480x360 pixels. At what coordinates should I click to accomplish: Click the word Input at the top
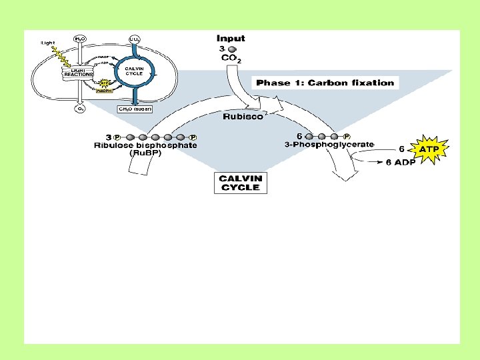pyautogui.click(x=231, y=39)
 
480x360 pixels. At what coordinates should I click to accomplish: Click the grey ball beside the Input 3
pyautogui.click(x=231, y=49)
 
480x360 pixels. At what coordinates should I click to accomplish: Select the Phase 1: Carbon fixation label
pyautogui.click(x=325, y=83)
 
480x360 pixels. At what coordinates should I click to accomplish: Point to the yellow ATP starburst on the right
pyautogui.click(x=428, y=150)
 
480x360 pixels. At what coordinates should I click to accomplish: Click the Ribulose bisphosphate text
pyautogui.click(x=145, y=145)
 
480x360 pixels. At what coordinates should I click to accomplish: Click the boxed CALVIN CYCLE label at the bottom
pyautogui.click(x=241, y=183)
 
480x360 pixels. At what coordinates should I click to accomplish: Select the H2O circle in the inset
pyautogui.click(x=79, y=39)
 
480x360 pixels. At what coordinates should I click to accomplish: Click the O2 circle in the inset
pyautogui.click(x=79, y=109)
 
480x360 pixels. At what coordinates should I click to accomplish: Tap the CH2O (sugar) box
pyautogui.click(x=135, y=109)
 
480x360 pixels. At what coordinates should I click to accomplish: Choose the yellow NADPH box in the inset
pyautogui.click(x=103, y=91)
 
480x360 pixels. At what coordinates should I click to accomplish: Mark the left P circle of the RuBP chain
pyautogui.click(x=117, y=137)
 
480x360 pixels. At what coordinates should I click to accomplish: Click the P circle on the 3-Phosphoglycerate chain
pyautogui.click(x=347, y=137)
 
